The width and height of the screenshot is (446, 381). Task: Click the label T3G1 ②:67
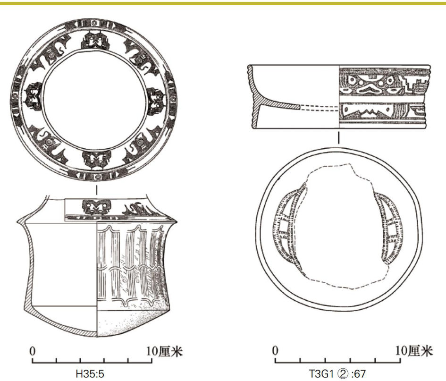[x=337, y=373]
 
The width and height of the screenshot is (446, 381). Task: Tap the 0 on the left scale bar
[x=33, y=351]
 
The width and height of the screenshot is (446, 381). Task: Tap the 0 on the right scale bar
[x=275, y=351]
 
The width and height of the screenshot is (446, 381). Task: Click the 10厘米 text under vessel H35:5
[x=164, y=352]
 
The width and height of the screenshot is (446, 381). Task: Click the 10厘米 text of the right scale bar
[x=414, y=351]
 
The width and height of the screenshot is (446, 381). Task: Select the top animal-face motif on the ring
[x=95, y=41]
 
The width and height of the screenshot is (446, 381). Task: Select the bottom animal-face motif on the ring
[x=97, y=159]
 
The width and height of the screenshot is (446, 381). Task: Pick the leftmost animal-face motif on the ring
[x=34, y=96]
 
